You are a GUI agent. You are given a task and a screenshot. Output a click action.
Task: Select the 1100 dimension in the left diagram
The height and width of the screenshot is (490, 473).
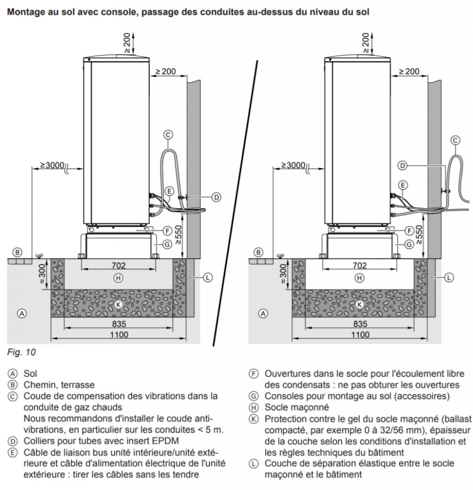(118, 334)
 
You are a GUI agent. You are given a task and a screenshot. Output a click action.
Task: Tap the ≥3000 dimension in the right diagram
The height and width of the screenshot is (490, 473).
(294, 165)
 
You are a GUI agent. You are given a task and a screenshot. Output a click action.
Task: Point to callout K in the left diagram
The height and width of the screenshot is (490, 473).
(118, 304)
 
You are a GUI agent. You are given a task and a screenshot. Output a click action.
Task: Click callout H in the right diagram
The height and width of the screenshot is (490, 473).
(358, 278)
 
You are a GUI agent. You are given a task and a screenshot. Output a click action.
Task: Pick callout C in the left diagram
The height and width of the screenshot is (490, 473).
(168, 135)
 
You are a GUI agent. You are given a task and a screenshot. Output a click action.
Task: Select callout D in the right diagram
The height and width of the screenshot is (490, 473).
(403, 166)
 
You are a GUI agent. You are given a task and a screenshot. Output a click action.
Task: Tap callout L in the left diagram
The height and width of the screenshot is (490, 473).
(208, 277)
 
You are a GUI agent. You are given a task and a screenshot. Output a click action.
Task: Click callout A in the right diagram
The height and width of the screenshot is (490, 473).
(262, 314)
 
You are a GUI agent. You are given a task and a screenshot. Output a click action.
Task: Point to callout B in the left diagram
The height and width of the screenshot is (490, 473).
(17, 252)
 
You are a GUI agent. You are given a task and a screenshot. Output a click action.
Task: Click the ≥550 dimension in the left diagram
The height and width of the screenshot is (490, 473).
(178, 234)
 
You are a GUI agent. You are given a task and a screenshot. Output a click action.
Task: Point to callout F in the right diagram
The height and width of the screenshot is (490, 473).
(409, 231)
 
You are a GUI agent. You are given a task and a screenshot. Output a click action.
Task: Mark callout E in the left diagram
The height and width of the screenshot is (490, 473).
(169, 190)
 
